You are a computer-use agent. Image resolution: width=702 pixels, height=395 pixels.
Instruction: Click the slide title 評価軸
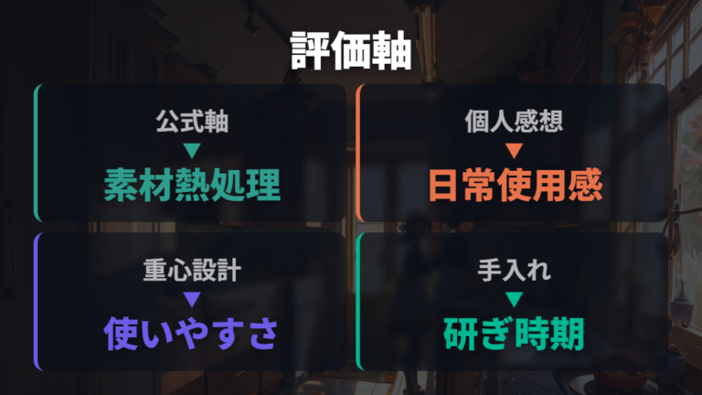[351, 50]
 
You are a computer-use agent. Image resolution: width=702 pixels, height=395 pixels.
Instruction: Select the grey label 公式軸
[192, 122]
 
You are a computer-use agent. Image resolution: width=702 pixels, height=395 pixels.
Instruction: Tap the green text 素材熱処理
[192, 185]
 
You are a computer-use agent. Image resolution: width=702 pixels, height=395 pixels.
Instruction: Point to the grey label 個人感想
[514, 122]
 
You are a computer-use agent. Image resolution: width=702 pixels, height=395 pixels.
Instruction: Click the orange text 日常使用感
[515, 185]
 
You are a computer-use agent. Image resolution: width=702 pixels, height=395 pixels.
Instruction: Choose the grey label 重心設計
[192, 270]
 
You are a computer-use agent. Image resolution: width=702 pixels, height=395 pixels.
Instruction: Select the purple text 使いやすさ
[191, 334]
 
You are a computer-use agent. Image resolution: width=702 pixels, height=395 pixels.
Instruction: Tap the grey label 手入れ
[514, 270]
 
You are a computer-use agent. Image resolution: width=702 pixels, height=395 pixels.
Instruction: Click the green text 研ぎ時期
[514, 334]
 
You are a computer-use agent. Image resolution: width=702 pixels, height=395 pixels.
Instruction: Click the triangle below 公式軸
[192, 150]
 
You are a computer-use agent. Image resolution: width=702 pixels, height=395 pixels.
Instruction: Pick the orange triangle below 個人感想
[514, 150]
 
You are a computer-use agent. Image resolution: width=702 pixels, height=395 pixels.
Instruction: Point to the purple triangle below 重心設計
[192, 299]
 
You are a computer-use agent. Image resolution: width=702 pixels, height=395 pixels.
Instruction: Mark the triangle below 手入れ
[514, 299]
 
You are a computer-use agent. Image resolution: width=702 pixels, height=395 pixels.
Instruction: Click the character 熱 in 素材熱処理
[192, 185]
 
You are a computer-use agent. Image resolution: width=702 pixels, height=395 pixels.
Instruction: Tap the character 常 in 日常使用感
[480, 185]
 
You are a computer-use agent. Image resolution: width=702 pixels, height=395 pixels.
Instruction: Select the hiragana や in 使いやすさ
[191, 334]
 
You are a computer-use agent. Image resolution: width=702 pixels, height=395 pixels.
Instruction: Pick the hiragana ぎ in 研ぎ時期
[496, 334]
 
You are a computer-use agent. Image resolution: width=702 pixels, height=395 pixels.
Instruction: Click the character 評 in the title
[310, 50]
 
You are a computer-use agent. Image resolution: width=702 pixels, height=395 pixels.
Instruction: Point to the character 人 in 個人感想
[502, 122]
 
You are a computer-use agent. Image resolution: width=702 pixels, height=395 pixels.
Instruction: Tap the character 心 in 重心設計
[180, 270]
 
